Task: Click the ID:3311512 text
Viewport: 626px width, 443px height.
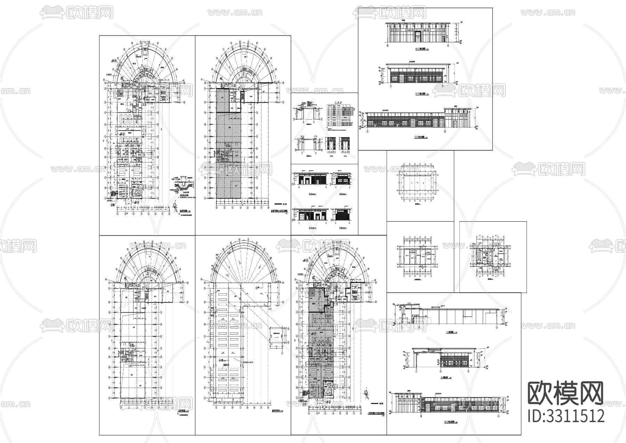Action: click(x=566, y=416)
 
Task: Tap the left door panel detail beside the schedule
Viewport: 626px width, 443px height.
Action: click(x=330, y=143)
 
